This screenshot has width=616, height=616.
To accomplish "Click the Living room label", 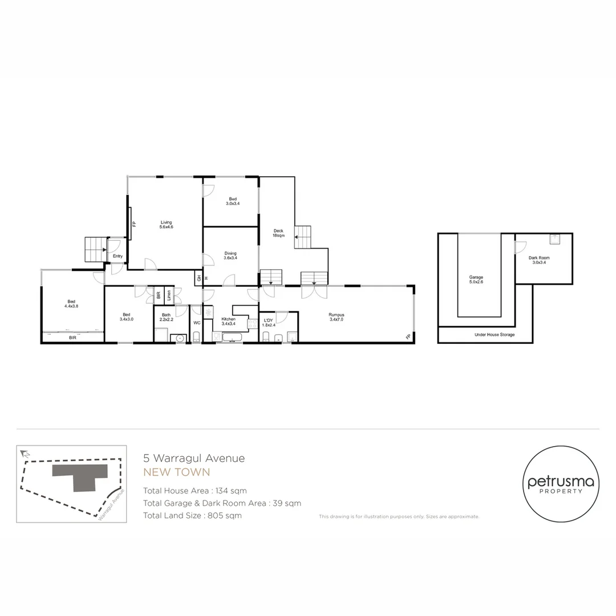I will [166, 225].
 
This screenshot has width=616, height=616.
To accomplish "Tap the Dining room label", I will [230, 256].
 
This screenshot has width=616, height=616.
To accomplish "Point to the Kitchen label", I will [229, 321].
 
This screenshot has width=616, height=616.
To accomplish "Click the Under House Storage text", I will [494, 335].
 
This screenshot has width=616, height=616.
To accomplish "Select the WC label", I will [196, 323].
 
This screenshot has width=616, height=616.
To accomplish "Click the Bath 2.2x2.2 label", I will [166, 317].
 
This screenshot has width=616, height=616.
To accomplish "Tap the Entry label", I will [117, 256].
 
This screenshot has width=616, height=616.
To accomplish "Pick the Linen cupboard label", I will [169, 295].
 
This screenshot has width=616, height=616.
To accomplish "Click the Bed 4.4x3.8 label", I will [71, 304].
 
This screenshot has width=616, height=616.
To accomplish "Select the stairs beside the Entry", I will [95, 249].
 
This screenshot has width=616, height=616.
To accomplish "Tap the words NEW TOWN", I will [176, 472].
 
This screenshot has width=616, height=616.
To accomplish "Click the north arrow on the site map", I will [24, 454].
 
